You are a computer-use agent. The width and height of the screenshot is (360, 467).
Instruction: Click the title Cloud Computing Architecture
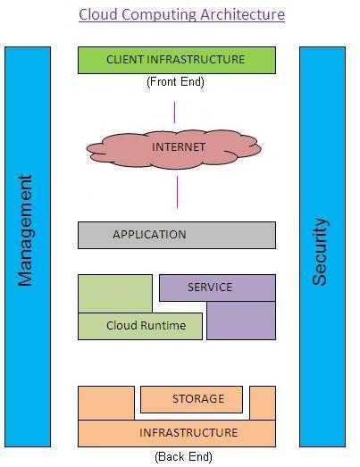coord(181,15)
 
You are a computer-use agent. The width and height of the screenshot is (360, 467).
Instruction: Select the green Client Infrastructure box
coord(176,60)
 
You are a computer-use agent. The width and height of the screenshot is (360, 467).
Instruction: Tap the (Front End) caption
coord(175,82)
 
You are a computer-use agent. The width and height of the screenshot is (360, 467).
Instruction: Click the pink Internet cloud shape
coord(178,146)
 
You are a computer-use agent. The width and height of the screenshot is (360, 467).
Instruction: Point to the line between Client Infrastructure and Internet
coord(175,113)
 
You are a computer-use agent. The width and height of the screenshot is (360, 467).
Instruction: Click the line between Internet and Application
coord(177,191)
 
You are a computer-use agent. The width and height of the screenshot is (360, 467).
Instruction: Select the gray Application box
coord(176,235)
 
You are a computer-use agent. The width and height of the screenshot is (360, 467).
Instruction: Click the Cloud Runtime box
coord(141,326)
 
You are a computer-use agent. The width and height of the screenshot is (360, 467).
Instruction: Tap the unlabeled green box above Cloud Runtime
coord(114,293)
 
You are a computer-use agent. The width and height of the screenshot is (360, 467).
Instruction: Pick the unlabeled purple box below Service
coord(241,321)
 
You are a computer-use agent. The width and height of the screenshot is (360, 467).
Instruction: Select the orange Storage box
coord(191,399)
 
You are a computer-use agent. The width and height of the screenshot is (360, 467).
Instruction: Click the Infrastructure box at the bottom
coord(176,433)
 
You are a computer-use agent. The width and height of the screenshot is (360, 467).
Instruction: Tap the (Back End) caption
coord(183,456)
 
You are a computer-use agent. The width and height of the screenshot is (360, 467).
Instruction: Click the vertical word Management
coord(26,229)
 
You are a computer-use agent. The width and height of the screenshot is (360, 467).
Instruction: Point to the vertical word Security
coord(321,251)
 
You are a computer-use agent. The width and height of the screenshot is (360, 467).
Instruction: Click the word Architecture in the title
coord(242,15)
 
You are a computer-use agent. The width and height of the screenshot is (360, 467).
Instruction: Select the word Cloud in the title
coord(96,15)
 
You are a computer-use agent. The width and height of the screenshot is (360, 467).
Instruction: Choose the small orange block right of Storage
coord(263,403)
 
